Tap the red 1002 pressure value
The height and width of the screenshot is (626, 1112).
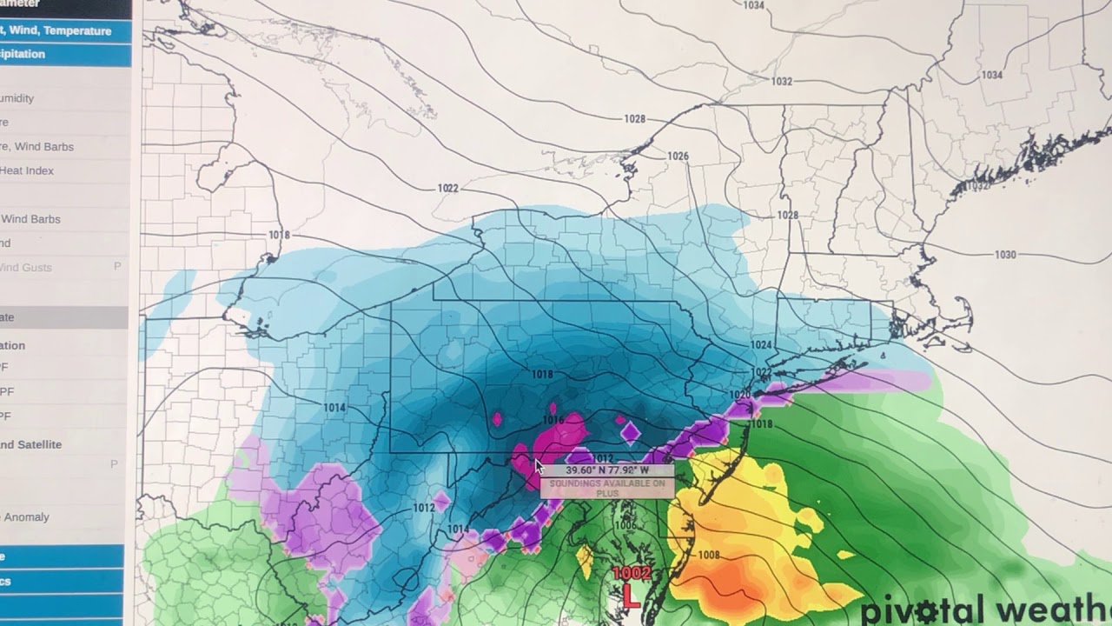pyautogui.click(x=632, y=574)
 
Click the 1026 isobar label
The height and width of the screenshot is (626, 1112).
pyautogui.click(x=678, y=156)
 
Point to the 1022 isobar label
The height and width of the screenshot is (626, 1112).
pyautogui.click(x=448, y=189)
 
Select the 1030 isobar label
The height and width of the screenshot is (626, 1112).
pyautogui.click(x=1005, y=255)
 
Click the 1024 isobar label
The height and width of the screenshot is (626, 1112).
pyautogui.click(x=761, y=345)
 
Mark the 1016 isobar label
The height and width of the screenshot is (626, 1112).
pyautogui.click(x=553, y=421)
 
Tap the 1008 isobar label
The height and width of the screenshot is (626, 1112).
pyautogui.click(x=709, y=556)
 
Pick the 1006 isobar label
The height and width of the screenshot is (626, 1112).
pyautogui.click(x=625, y=526)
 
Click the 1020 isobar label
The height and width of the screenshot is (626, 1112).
pyautogui.click(x=740, y=395)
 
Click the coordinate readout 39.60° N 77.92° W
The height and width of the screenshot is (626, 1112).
pyautogui.click(x=606, y=470)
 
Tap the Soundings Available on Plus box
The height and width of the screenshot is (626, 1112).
pyautogui.click(x=606, y=488)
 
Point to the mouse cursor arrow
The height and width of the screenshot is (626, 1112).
pyautogui.click(x=539, y=467)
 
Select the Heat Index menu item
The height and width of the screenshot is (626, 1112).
pyautogui.click(x=27, y=170)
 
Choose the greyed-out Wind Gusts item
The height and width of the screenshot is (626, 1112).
pyautogui.click(x=26, y=268)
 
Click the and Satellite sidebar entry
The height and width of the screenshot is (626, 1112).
pyautogui.click(x=31, y=444)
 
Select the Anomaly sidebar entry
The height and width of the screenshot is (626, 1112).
pyautogui.click(x=26, y=517)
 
